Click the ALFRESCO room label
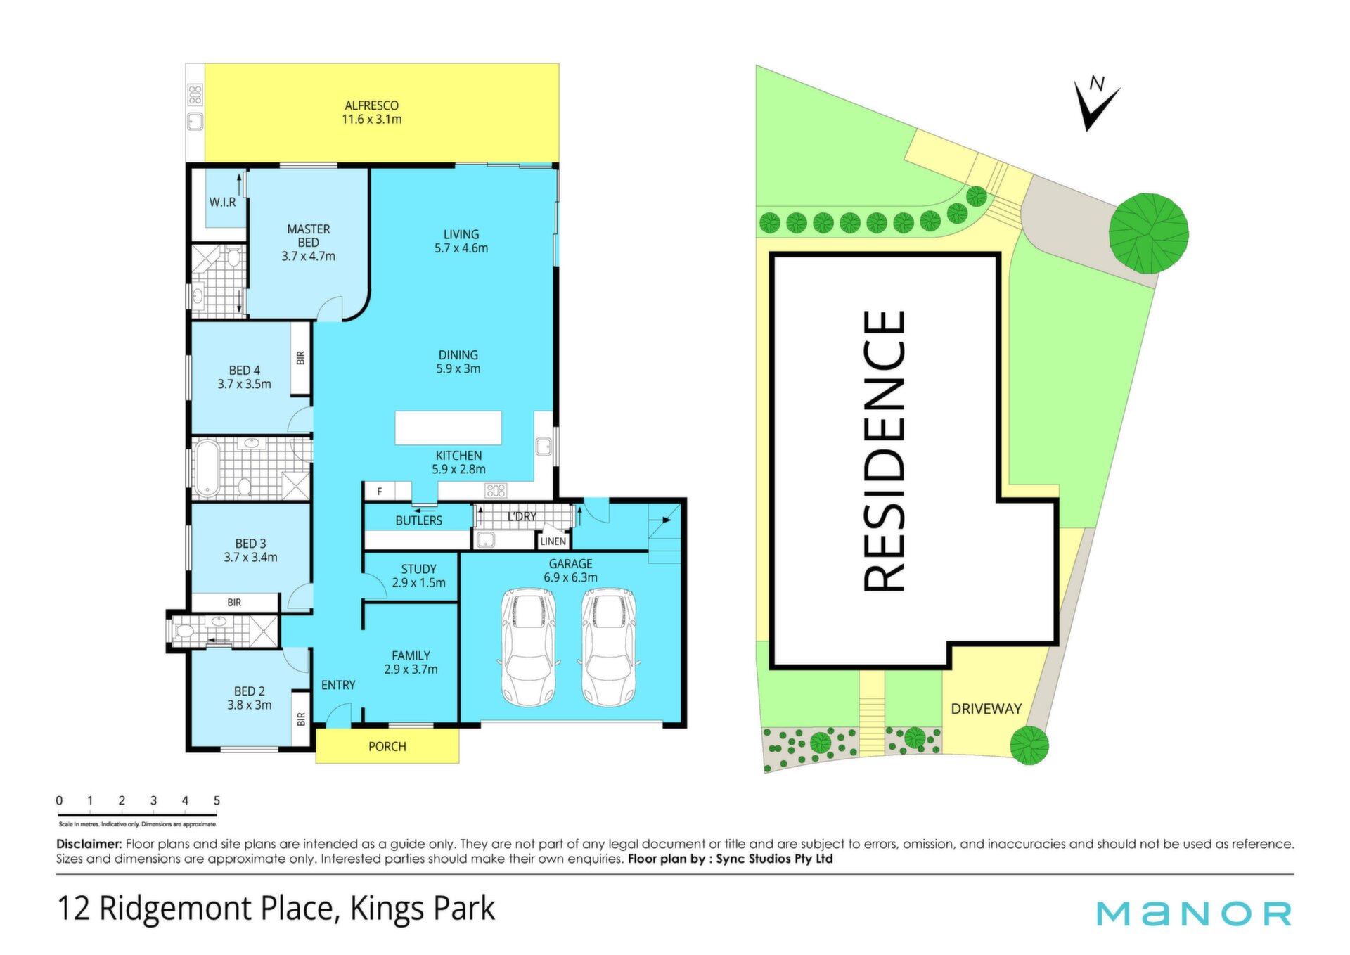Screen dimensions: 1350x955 pos(371,105)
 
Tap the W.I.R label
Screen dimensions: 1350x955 pos(222,202)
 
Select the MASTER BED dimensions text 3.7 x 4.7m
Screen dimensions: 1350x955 pos(308,257)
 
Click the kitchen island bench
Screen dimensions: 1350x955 pos(448,428)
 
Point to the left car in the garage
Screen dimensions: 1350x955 pos(528,648)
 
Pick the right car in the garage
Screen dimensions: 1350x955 pos(608,648)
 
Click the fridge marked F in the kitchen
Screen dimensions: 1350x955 pos(380,492)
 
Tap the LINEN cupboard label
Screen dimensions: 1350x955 pos(553,541)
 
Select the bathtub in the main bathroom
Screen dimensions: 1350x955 pos(207,468)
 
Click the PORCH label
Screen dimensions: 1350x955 pos(387,747)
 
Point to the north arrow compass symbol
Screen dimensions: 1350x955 pos(1095,103)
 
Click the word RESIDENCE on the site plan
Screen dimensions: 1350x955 pos(883,451)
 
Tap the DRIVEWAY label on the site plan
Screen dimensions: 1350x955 pos(986,709)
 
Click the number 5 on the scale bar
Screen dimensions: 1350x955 pos(217,800)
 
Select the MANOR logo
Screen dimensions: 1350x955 pos(1194,913)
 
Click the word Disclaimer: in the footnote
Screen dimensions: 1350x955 pos(89,844)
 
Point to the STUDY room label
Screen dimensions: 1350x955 pos(419,569)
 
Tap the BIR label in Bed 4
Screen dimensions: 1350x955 pos(301,358)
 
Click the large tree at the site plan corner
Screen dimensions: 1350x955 pos(1149,233)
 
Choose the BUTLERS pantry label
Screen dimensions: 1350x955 pos(419,520)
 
